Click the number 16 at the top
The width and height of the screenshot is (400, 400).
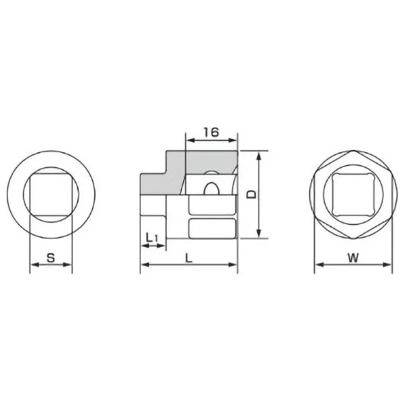point(211,132)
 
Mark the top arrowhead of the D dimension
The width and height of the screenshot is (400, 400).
point(258,154)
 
